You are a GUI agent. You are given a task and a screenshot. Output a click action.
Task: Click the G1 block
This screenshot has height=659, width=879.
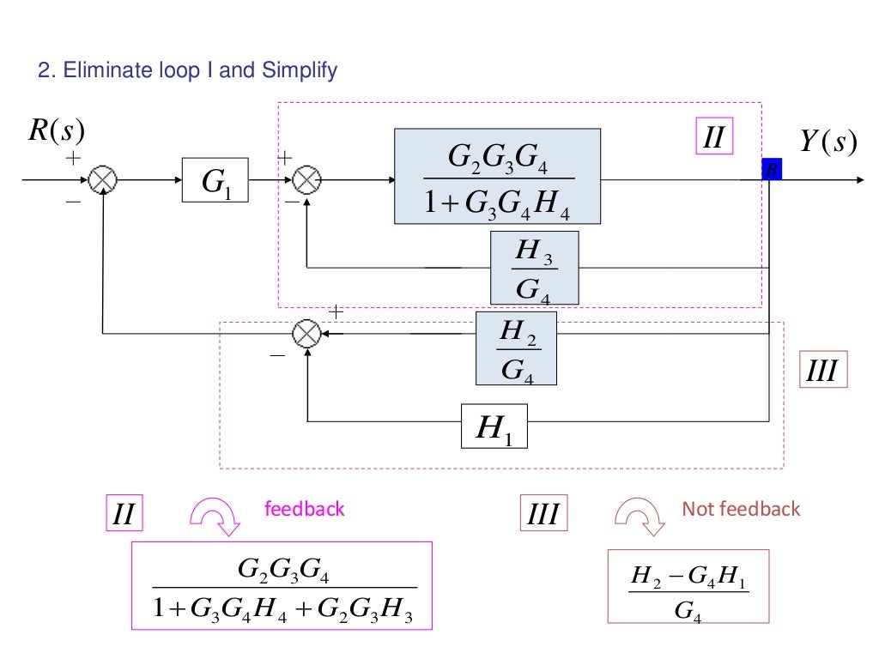point(215,180)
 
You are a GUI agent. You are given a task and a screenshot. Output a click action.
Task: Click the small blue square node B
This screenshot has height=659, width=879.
point(770,170)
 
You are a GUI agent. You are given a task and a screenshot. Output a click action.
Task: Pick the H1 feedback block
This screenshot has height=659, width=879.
point(494,426)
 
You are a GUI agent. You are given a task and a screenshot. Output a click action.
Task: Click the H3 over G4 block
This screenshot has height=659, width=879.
point(534,268)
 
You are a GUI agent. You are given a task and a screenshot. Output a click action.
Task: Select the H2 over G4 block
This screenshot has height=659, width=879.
point(516,348)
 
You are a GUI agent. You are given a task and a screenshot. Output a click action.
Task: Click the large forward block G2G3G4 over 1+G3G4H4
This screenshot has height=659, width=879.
point(497,177)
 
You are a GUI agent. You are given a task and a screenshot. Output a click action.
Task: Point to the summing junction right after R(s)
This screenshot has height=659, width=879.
point(103,181)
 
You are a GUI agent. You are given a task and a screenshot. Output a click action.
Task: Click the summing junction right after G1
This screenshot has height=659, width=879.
point(307,181)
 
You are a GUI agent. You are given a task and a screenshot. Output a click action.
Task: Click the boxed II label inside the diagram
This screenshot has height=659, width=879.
point(713,137)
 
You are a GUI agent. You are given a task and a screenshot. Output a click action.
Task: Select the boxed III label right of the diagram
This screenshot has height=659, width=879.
point(823,371)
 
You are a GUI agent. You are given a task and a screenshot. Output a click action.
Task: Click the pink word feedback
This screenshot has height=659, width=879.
point(304,509)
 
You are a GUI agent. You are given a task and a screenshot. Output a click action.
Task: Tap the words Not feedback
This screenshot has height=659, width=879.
point(740,509)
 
